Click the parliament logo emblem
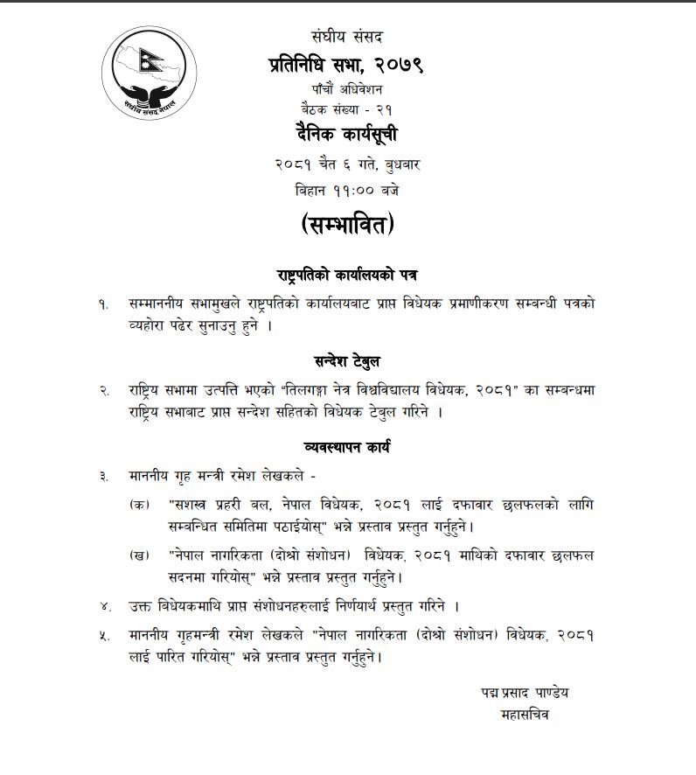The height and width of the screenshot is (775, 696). pos(144,73)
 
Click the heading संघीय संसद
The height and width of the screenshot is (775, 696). pos(346,37)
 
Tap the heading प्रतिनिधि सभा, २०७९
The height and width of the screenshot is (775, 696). pos(346,63)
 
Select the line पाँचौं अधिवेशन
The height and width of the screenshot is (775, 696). pos(346,89)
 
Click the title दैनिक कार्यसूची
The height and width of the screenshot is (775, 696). pos(346,135)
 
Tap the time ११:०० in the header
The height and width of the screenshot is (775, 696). pos(347,189)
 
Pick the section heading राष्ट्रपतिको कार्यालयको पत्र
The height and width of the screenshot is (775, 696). pos(346,275)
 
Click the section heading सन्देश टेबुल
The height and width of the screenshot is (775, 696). pos(346,360)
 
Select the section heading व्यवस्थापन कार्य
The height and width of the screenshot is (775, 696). pos(346,446)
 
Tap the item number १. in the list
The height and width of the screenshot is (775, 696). pos(104,304)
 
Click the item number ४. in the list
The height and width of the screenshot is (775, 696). pos(105,606)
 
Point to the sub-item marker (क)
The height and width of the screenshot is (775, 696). pos(138,506)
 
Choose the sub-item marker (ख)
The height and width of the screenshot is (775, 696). pos(138,555)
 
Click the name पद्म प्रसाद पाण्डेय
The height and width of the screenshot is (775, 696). pos(524,692)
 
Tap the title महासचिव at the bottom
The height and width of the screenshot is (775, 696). pos(523,714)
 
